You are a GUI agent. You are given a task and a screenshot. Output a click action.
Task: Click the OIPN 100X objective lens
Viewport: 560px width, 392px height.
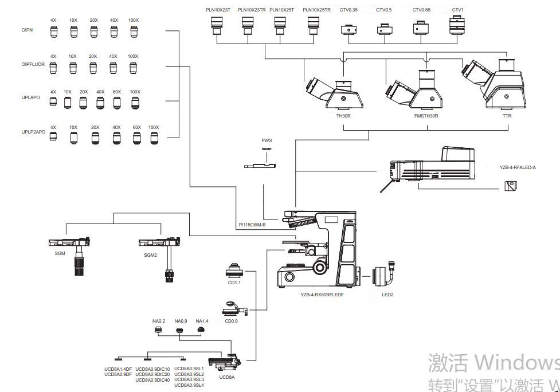coord(134,32)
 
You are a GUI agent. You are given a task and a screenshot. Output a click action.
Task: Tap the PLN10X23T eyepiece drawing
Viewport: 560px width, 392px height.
coord(217,23)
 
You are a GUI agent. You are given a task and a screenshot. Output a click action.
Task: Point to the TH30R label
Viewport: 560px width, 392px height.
coord(343,116)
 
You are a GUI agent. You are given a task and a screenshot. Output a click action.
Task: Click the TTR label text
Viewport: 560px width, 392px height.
coord(507,116)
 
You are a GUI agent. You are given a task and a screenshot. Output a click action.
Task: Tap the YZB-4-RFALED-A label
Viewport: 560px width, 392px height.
coord(518,167)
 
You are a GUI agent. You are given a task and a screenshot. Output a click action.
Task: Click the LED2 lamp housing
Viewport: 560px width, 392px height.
coord(382,277)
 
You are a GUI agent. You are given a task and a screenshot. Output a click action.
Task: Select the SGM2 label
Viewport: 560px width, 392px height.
coord(150,256)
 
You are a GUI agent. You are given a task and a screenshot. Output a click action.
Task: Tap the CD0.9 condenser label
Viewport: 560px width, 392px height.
coord(231,321)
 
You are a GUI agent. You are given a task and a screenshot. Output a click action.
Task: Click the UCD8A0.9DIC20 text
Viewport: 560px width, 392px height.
coord(152,374)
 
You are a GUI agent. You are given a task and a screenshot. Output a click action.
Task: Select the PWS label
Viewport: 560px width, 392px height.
coord(267,140)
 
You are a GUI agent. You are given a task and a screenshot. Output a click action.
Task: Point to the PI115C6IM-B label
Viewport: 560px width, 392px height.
coord(252,225)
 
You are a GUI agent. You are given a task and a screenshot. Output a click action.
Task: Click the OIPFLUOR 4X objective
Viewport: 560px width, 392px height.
coord(53,68)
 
